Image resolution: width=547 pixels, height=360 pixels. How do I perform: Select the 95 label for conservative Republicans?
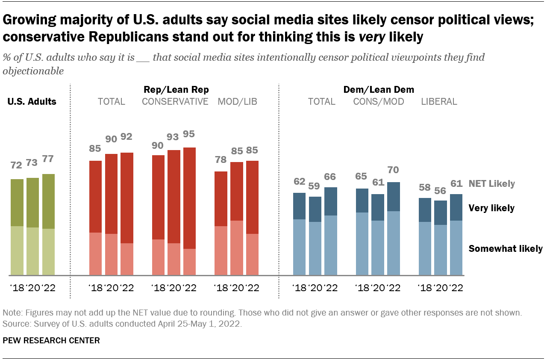click(189, 134)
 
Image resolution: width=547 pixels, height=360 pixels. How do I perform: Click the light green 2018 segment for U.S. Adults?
click(17, 250)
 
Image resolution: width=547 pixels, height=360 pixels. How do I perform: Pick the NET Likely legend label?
click(492, 184)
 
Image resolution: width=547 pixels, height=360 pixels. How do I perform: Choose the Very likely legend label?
click(491, 208)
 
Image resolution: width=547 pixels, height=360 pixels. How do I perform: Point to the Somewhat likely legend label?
click(506, 248)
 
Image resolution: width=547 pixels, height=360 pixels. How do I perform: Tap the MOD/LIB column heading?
click(238, 102)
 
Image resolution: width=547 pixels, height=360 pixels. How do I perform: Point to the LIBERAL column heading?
click(439, 102)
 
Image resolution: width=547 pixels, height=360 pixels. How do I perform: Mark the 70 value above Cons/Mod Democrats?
click(393, 170)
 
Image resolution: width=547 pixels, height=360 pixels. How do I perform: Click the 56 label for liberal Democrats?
click(441, 191)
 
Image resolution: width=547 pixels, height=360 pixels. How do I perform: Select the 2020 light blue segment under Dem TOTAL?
click(315, 248)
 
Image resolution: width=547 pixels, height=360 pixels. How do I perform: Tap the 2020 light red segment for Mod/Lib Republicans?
click(237, 248)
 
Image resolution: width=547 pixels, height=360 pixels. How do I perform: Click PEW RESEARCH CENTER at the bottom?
click(51, 341)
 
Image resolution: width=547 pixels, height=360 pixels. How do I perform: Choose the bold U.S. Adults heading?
click(32, 102)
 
